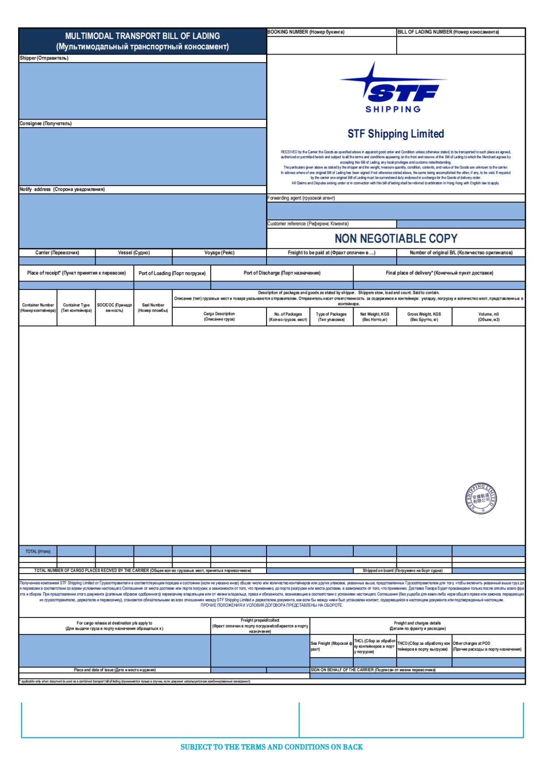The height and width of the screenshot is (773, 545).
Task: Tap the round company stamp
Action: pyautogui.click(x=481, y=499)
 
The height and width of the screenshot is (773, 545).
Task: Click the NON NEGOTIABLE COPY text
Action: pyautogui.click(x=396, y=238)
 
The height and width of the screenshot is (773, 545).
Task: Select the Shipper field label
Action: pyautogui.click(x=44, y=58)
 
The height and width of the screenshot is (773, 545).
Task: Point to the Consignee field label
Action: pyautogui.click(x=46, y=123)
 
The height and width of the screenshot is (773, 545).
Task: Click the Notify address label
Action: pyautogui.click(x=62, y=189)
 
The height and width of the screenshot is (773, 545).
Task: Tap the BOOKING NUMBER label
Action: pyautogui.click(x=305, y=32)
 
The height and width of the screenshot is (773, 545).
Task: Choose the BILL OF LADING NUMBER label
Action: pyautogui.click(x=448, y=32)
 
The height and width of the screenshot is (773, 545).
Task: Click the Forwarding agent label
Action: pyautogui.click(x=301, y=198)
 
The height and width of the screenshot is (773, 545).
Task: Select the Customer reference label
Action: pyautogui.click(x=308, y=224)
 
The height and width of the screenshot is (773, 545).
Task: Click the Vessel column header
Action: pyautogui.click(x=134, y=253)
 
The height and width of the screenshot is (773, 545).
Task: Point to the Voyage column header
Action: pyautogui.click(x=219, y=253)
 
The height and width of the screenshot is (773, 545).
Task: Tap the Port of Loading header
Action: pyautogui.click(x=172, y=273)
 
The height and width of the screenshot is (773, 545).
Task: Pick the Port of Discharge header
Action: pyautogui.click(x=282, y=273)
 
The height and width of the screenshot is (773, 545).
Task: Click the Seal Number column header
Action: pyautogui.click(x=153, y=308)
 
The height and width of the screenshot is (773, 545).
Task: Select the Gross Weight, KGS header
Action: pyautogui.click(x=424, y=316)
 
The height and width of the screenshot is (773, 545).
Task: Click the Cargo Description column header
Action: pyautogui.click(x=219, y=316)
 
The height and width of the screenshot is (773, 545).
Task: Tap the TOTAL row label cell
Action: pyautogui.click(x=38, y=551)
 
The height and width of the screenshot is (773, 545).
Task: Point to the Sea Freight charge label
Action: pyautogui.click(x=331, y=646)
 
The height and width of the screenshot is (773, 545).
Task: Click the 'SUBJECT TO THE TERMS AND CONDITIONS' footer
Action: pyautogui.click(x=271, y=747)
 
